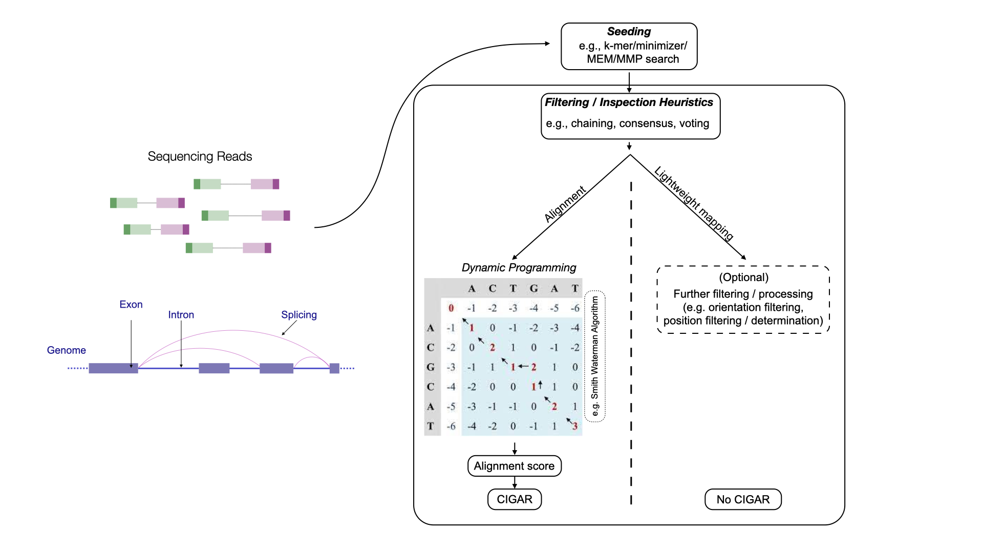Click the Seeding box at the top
[x=629, y=46]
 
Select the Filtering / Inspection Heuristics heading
[x=629, y=102]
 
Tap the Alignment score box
[x=514, y=466]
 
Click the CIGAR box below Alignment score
[x=514, y=499]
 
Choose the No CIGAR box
[x=743, y=499]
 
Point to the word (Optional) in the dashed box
[x=743, y=278]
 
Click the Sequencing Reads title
[x=200, y=156]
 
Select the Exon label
[x=131, y=305]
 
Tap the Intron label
[x=181, y=315]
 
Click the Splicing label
[x=299, y=315]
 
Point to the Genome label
[x=67, y=350]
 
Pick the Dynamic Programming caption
[x=519, y=268]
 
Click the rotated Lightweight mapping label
[x=694, y=203]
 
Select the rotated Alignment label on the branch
[x=565, y=204]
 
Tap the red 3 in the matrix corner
[x=575, y=426]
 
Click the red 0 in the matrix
[x=451, y=308]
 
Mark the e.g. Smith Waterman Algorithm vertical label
[x=594, y=356]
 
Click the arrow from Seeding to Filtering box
[x=629, y=81]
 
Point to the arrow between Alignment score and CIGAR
[x=515, y=482]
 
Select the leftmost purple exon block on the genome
[x=113, y=368]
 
